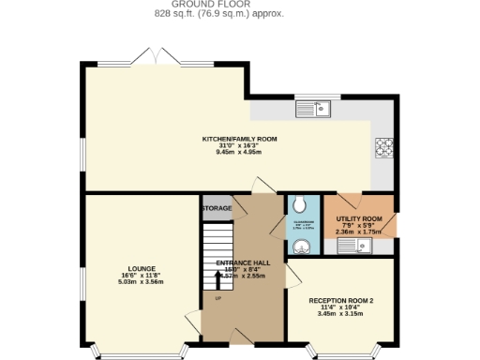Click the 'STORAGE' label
(217, 207)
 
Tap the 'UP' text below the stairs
(218, 298)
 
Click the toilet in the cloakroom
(299, 205)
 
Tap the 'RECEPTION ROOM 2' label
(341, 300)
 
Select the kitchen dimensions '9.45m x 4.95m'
(240, 152)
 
